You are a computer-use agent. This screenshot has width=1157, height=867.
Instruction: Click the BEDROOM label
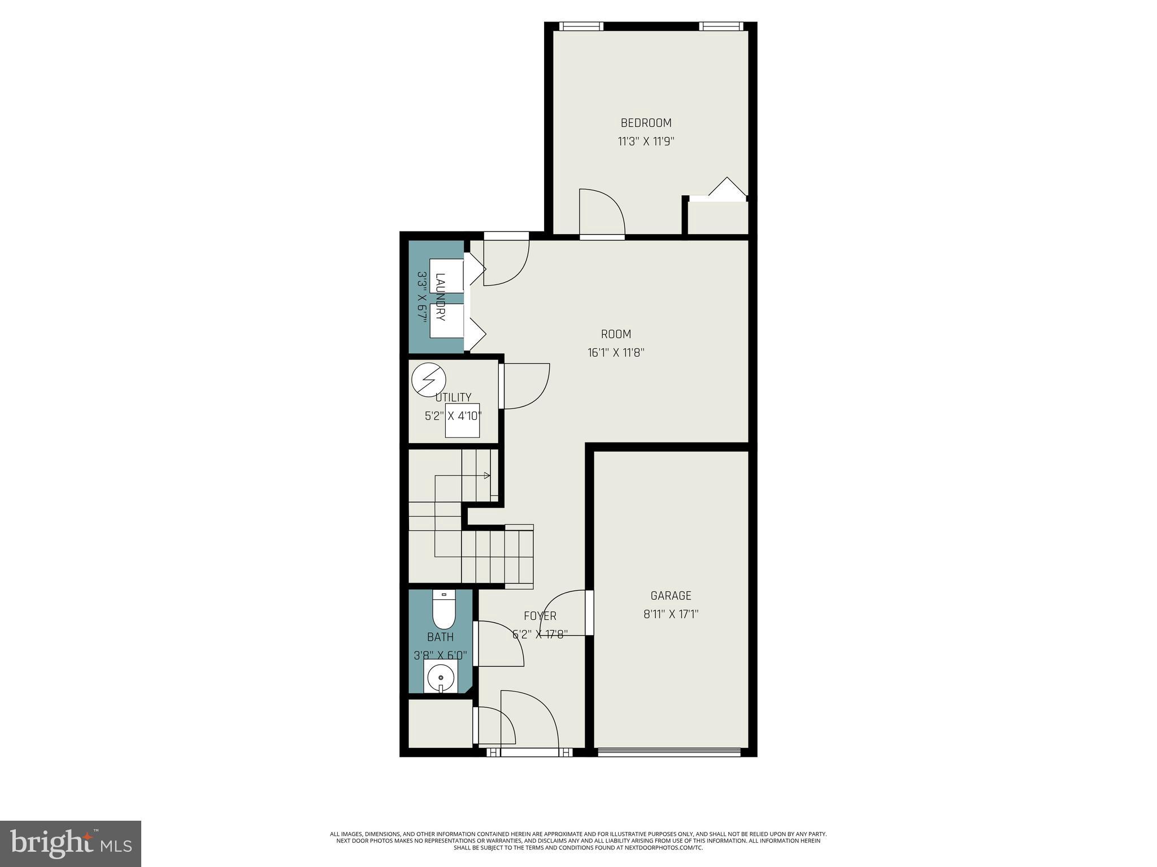646,122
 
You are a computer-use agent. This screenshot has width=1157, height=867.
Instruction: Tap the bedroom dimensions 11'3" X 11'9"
646,141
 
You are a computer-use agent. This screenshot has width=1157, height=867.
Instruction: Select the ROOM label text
616,334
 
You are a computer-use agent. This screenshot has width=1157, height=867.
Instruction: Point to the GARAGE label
671,595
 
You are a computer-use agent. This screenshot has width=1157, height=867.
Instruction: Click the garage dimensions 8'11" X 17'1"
671,614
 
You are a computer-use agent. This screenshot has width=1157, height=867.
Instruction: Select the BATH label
440,637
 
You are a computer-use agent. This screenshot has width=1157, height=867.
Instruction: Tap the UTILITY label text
453,397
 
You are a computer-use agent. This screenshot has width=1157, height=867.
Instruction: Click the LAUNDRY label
441,297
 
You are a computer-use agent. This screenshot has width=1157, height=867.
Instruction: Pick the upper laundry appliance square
446,275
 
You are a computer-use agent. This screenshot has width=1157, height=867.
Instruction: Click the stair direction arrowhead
487,476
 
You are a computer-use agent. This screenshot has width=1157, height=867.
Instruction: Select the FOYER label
540,616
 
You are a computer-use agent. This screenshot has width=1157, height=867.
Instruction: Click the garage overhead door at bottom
669,751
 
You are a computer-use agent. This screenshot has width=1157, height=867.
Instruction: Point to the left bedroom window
581,26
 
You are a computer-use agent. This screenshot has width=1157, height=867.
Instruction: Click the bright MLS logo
71,844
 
